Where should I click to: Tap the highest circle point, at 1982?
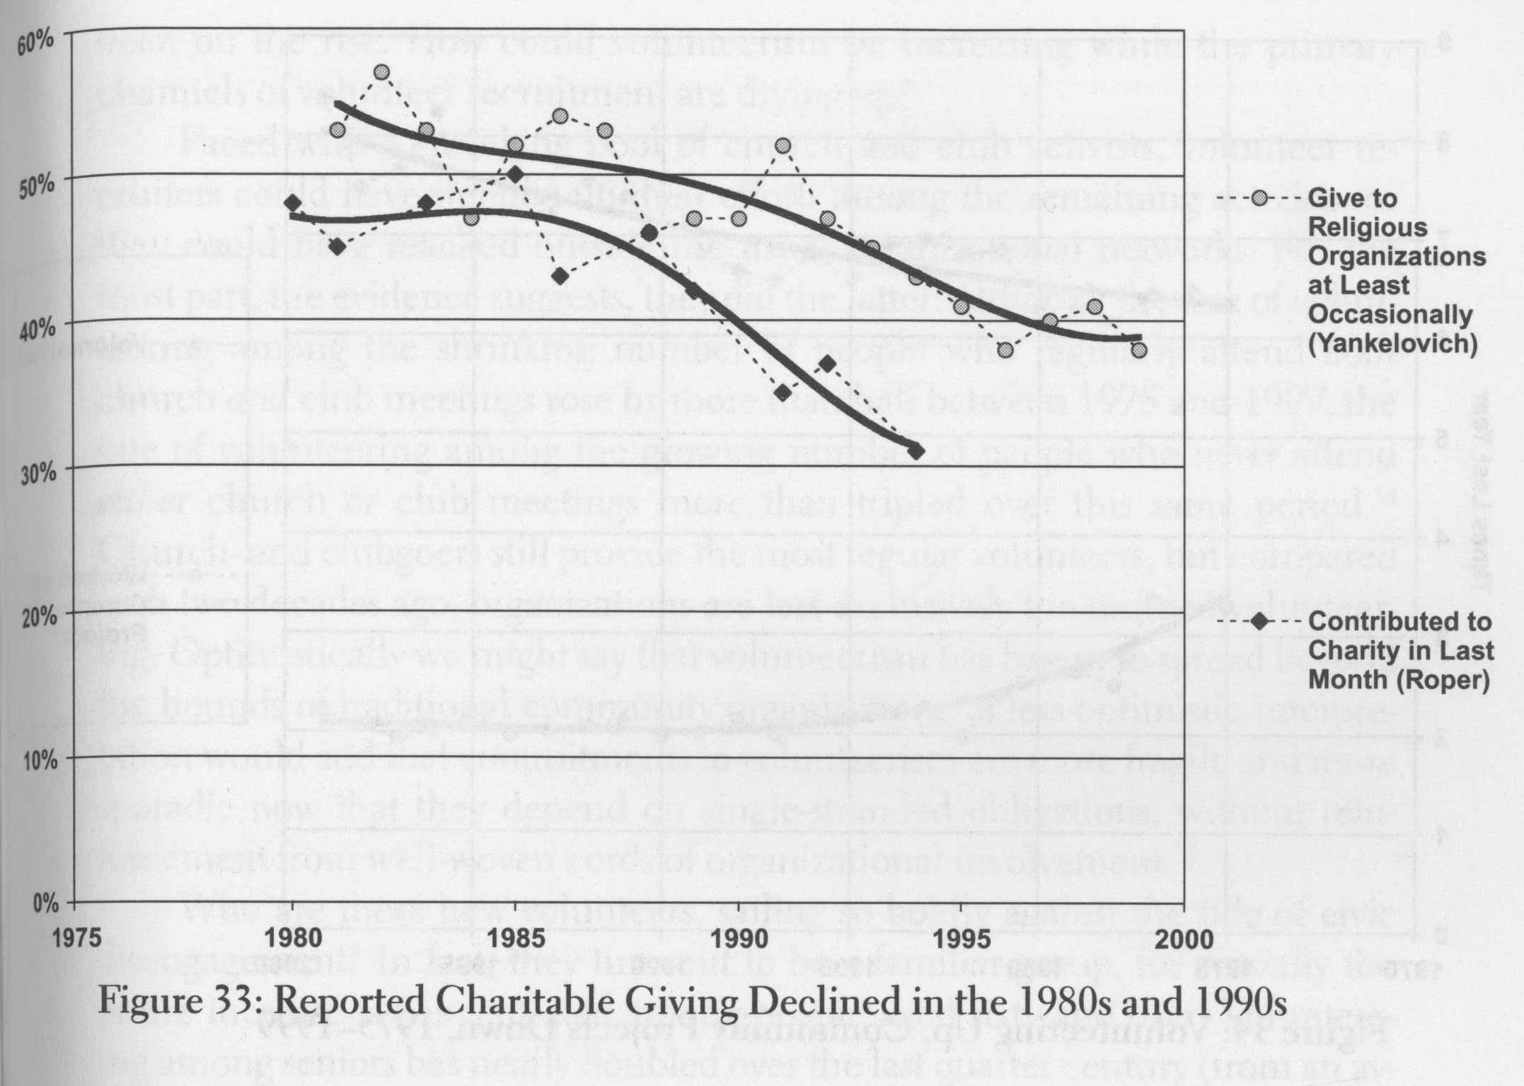(x=382, y=72)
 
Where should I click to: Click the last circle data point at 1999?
(x=1138, y=350)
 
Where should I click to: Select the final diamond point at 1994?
(x=916, y=451)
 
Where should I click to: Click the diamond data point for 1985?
(x=515, y=174)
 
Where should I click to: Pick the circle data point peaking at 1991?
(x=783, y=145)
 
